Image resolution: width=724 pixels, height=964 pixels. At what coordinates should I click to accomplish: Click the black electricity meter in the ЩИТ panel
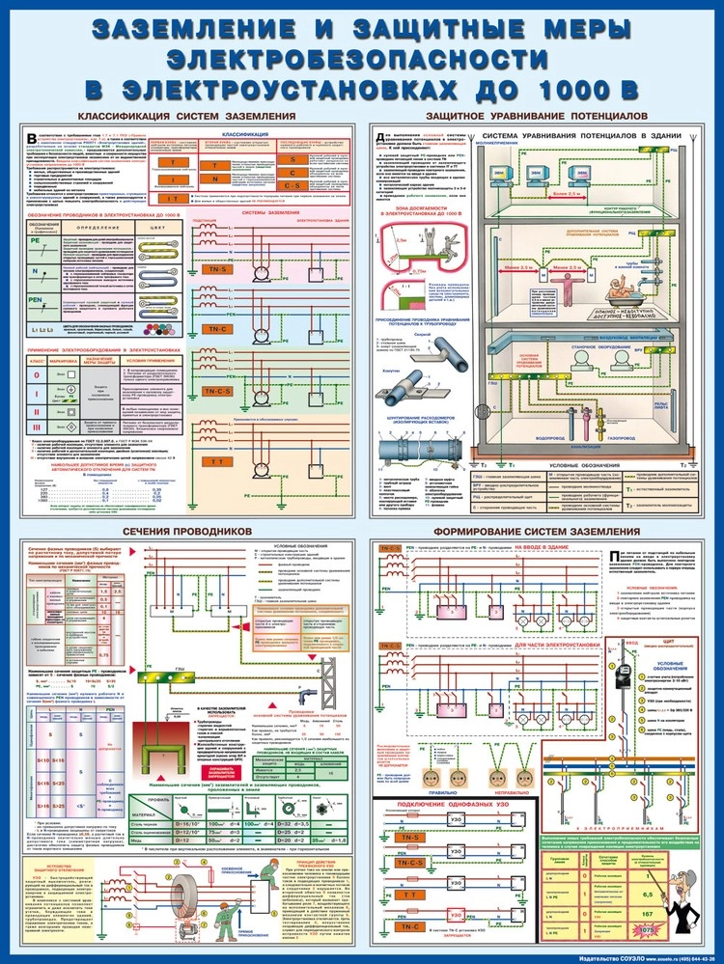[624, 675]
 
